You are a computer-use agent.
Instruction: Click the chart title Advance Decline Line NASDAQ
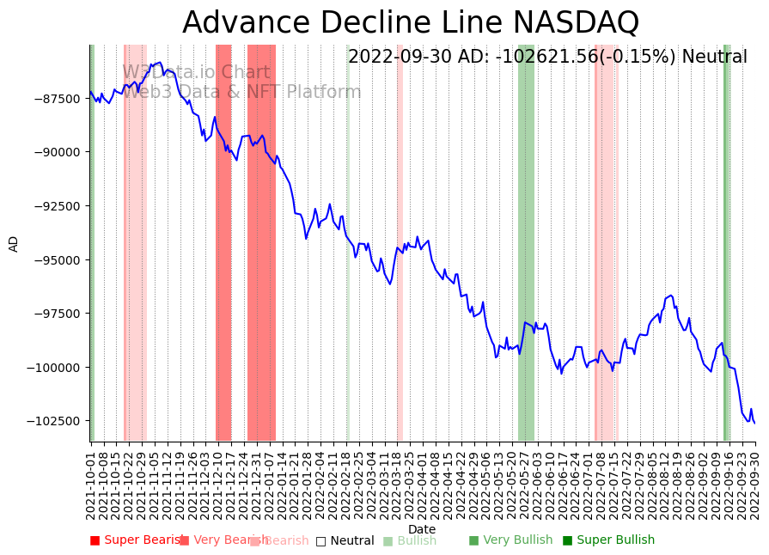pyautogui.click(x=411, y=23)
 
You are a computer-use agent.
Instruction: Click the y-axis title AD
pyautogui.click(x=14, y=243)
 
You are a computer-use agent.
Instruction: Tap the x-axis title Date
pyautogui.click(x=422, y=529)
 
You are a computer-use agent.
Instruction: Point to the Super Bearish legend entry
pyautogui.click(x=137, y=540)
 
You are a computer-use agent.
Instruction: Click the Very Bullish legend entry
pyautogui.click(x=510, y=540)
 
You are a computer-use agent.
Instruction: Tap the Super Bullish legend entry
pyautogui.click(x=608, y=540)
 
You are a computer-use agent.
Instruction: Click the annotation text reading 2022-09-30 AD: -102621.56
pyautogui.click(x=547, y=58)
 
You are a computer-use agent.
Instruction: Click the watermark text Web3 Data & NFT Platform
pyautogui.click(x=241, y=93)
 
